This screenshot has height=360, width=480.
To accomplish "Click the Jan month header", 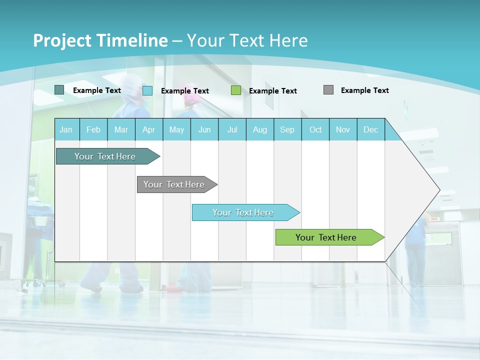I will tap(66, 129).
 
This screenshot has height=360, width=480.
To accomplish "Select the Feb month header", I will tap(93, 129).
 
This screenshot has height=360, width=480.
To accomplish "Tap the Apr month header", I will tap(148, 129).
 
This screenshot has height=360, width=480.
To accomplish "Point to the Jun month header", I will tap(204, 129).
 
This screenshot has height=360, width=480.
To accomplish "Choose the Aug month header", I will tap(259, 129).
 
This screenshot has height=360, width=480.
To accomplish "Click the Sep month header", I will tap(287, 129).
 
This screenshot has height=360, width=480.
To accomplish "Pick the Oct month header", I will tap(315, 129).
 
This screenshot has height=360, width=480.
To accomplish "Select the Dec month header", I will tap(370, 129).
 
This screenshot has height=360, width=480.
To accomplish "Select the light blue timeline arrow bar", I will tap(244, 212).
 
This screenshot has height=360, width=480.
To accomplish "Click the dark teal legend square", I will tap(59, 90).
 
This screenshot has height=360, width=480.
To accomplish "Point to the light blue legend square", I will tap(147, 90).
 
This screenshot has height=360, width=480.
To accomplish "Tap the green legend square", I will tap(236, 90).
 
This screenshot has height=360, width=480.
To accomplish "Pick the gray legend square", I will tap(328, 90).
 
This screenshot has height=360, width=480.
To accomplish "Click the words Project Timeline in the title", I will tap(100, 40).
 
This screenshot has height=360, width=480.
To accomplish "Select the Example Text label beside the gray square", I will tap(364, 90).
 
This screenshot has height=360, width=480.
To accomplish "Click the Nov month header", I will tap(343, 129).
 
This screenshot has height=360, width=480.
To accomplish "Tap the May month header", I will tap(176, 129).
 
